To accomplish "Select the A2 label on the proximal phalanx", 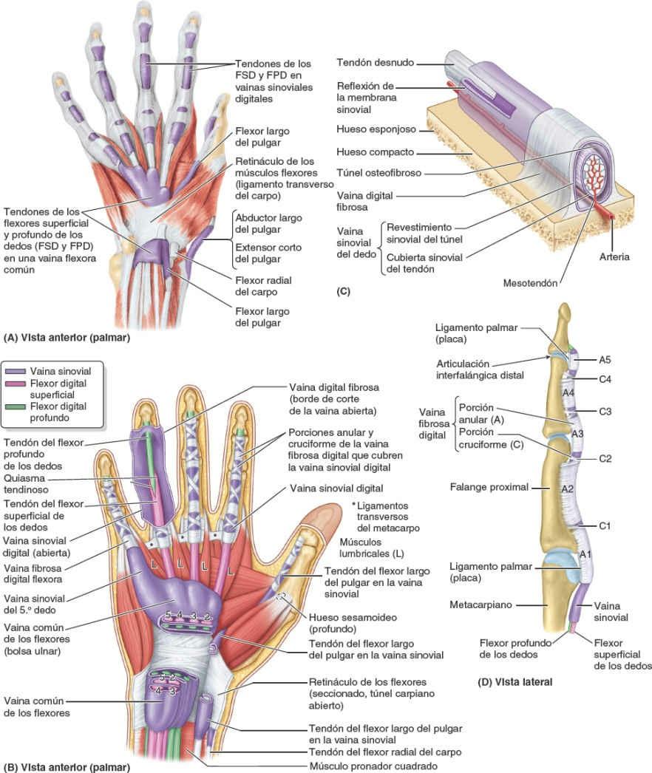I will click(568, 488).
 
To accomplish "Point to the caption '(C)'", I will click(343, 291).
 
